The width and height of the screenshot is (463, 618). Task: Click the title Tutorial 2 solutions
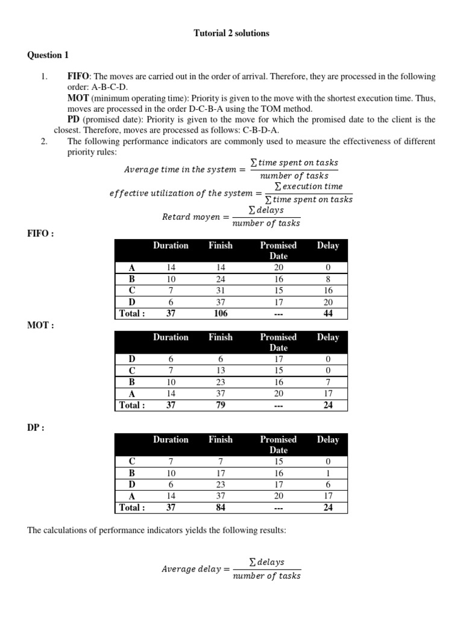pos(231,33)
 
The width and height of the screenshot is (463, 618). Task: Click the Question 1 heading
pos(48,55)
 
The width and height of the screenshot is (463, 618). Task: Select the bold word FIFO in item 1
pos(78,77)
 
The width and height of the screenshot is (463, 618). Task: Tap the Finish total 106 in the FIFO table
pos(221,313)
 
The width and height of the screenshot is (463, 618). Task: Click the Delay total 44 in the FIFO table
pos(328,313)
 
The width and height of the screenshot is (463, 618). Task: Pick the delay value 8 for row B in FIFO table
pos(328,279)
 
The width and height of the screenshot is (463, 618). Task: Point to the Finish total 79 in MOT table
pos(221,405)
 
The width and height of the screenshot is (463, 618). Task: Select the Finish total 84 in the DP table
pos(221,508)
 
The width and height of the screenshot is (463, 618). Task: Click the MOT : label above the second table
pos(40,325)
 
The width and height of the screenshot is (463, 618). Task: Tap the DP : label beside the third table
pos(37,428)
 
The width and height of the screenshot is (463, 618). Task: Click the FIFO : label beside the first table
pos(40,234)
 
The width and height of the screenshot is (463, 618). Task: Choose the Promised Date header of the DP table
pos(278,445)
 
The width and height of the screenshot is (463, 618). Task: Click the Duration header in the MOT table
pos(171,337)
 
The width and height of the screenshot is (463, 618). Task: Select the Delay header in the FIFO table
pos(328,246)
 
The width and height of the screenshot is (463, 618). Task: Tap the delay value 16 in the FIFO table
pos(328,291)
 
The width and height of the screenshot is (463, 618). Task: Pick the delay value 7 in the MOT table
pos(328,383)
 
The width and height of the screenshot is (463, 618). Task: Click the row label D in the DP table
pos(132,485)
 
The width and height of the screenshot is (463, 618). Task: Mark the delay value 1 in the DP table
pos(328,473)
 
